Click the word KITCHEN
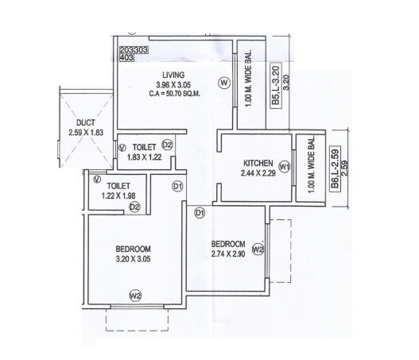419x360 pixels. click(x=259, y=161)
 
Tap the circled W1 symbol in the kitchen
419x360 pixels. click(x=285, y=166)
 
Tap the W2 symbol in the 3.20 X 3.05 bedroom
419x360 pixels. click(x=135, y=296)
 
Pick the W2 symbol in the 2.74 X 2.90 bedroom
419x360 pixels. click(x=258, y=249)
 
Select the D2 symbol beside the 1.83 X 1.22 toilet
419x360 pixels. click(x=168, y=145)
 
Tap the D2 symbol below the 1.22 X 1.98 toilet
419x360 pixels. click(x=135, y=207)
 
